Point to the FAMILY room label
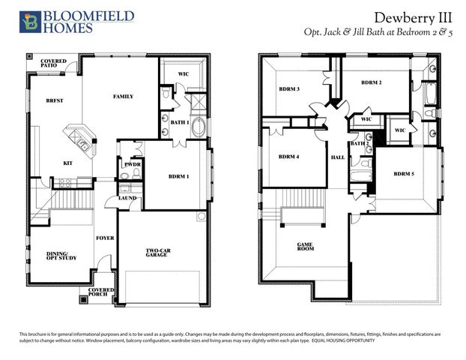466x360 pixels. click(x=123, y=97)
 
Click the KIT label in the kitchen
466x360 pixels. click(x=67, y=163)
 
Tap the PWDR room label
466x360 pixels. click(x=132, y=164)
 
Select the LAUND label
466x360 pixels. click(x=127, y=198)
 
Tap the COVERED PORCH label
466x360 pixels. click(x=101, y=292)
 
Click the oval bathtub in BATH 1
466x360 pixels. click(x=200, y=127)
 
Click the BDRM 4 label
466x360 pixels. click(x=288, y=157)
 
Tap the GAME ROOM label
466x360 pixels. click(x=305, y=247)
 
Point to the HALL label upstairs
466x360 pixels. click(x=337, y=157)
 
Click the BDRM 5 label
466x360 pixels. click(x=402, y=174)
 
